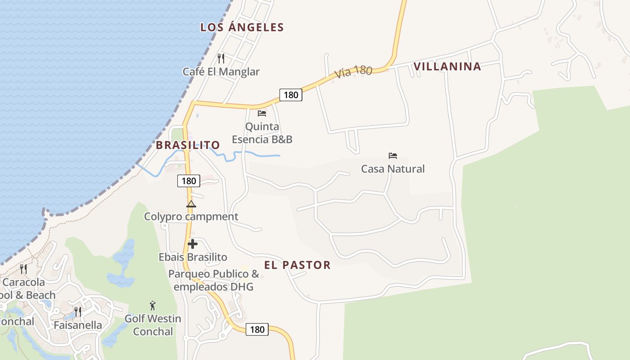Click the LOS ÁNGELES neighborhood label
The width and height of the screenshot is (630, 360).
coord(242,27)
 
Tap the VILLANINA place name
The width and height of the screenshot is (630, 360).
coord(447,67)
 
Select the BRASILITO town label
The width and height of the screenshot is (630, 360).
coord(188,145)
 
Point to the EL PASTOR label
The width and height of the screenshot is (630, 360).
coord(297,265)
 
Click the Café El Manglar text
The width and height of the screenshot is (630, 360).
coord(221,72)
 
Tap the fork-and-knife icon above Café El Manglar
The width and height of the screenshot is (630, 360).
coord(221,58)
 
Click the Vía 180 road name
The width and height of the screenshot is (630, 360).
coord(354,72)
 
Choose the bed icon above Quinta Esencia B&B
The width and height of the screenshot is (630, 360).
coord(262,113)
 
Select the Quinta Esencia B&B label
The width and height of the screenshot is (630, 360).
coord(262,133)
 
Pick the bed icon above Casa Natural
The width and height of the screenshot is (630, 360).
coord(393,156)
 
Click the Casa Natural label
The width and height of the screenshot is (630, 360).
coord(393,169)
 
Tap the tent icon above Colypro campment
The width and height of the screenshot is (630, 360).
coord(191,204)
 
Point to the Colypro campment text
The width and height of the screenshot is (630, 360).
coord(191,217)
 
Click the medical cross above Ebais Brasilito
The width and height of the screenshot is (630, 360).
coord(193,244)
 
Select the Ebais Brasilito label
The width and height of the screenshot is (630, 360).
coord(193,257)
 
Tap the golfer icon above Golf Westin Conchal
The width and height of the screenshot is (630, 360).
coord(153,306)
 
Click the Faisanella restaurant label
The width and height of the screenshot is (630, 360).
coord(78,325)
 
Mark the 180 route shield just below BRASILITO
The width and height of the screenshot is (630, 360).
coord(189,181)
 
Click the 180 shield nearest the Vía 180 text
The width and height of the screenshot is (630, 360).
coord(291,95)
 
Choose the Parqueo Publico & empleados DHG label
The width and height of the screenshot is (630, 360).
coord(214,280)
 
